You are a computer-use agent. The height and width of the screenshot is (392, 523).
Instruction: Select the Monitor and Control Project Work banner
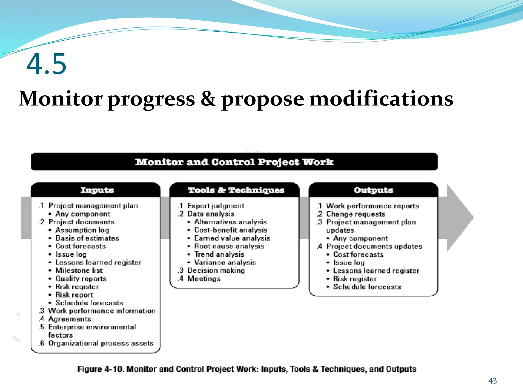(234, 162)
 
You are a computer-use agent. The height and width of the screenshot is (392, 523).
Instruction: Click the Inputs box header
(97, 190)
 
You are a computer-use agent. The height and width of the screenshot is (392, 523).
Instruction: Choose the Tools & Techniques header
(236, 190)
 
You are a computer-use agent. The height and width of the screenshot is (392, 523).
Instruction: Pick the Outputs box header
(373, 190)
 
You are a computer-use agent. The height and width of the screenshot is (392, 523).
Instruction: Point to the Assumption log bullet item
(82, 230)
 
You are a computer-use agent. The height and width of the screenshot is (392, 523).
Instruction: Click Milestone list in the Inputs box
(79, 270)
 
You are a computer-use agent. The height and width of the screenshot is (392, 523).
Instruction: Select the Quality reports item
(81, 278)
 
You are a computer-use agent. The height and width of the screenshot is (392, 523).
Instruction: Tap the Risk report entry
(74, 295)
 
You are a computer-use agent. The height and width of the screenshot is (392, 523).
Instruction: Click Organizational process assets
(101, 343)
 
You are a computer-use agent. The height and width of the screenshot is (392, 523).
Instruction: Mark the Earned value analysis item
(232, 238)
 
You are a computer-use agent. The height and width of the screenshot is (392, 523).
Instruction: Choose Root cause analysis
(229, 246)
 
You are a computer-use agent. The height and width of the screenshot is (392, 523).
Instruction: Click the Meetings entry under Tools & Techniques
(204, 278)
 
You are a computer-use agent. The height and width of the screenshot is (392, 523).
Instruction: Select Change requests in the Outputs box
(355, 214)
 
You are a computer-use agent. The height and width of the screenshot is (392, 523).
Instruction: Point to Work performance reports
(372, 206)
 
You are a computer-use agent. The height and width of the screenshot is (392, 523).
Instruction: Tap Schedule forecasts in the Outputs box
(367, 287)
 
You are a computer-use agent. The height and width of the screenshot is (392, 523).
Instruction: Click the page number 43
(492, 381)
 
